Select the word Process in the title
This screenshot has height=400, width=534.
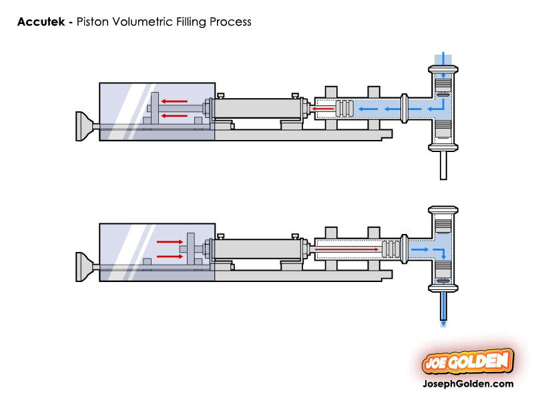[x=230, y=22]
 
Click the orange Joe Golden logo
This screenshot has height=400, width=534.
[x=468, y=362]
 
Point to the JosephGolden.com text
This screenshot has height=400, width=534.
[x=468, y=384]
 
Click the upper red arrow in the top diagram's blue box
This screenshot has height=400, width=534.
[x=175, y=101]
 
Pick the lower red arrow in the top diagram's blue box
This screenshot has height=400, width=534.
[x=175, y=115]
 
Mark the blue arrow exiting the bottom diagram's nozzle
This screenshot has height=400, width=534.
[x=442, y=322]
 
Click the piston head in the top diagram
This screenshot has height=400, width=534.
[x=344, y=108]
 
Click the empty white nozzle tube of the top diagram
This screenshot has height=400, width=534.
[x=442, y=165]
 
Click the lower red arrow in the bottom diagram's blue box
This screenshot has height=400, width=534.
[x=169, y=256]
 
